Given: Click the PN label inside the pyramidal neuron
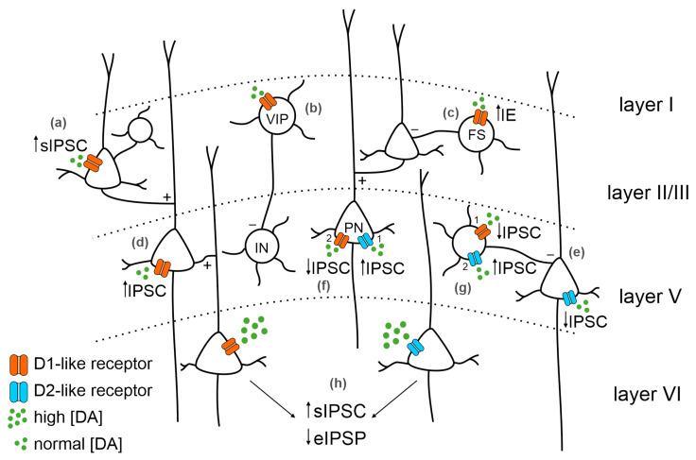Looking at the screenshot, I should [352, 228].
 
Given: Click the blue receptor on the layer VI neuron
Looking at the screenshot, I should [413, 349].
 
